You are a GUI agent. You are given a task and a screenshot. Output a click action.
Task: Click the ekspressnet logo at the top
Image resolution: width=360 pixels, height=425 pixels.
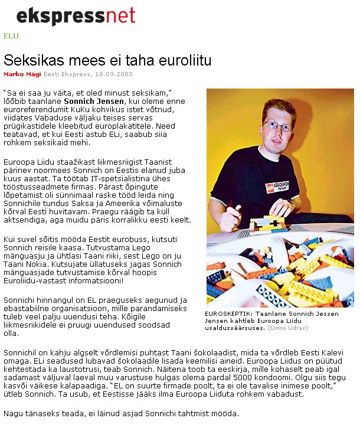coord(76,16)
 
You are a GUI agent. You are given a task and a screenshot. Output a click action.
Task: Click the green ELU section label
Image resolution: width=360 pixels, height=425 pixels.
coord(11,35)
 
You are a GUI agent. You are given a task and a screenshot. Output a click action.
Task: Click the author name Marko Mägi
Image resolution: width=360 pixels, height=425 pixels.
coord(22,74)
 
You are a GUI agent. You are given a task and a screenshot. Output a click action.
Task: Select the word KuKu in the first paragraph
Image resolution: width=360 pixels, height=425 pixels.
coord(102,109)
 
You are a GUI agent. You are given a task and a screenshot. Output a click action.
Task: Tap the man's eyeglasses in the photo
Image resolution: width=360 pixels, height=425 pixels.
coord(276,126)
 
